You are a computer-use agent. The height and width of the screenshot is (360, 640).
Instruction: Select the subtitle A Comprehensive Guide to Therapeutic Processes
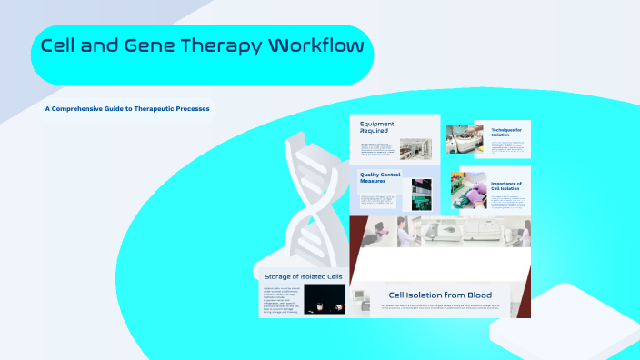click(x=128, y=110)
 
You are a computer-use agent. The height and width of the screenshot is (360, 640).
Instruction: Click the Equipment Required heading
click(x=375, y=126)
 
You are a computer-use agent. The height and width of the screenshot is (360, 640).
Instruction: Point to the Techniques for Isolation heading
click(x=506, y=133)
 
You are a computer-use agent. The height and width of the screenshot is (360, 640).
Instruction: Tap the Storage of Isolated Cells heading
click(x=303, y=275)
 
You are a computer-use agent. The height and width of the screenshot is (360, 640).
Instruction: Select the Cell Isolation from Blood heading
click(x=440, y=295)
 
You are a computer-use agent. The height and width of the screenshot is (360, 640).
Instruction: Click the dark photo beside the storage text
click(x=324, y=299)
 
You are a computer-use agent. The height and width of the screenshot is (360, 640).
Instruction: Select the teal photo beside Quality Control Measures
click(x=421, y=194)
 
